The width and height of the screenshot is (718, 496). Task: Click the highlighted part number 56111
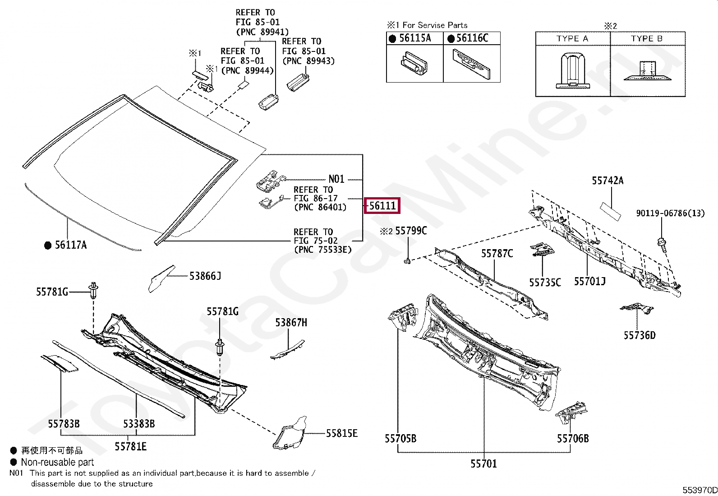click(x=382, y=206)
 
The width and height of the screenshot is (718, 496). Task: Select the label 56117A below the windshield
click(x=71, y=245)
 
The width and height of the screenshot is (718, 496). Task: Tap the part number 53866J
click(x=205, y=276)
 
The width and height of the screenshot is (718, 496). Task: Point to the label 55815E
click(x=342, y=433)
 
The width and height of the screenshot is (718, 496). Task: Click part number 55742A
click(x=608, y=181)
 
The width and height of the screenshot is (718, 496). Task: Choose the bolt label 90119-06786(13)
click(x=670, y=213)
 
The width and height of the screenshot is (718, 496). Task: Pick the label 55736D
click(x=640, y=335)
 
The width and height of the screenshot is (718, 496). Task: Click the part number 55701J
click(x=589, y=281)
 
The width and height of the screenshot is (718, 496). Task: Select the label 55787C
click(x=497, y=253)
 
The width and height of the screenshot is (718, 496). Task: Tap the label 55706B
click(x=572, y=438)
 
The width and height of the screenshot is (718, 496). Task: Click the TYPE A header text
click(x=572, y=39)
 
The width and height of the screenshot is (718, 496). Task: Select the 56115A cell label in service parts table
click(x=415, y=38)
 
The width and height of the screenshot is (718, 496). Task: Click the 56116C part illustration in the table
click(x=472, y=63)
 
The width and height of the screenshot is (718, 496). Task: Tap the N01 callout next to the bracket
click(x=336, y=179)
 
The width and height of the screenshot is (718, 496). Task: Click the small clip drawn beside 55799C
click(x=407, y=260)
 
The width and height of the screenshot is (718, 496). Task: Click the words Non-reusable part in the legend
click(x=57, y=462)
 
